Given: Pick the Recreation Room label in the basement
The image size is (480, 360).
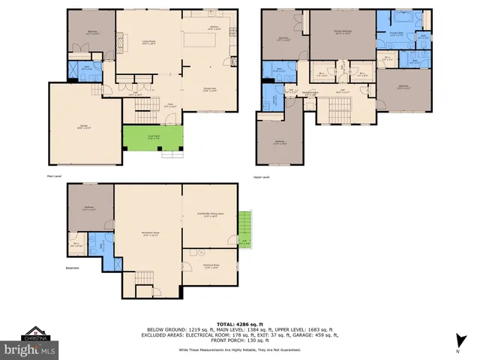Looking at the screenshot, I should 148,233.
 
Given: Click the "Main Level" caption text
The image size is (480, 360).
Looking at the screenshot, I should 55,177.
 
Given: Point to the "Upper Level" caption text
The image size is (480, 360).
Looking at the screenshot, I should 262,177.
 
